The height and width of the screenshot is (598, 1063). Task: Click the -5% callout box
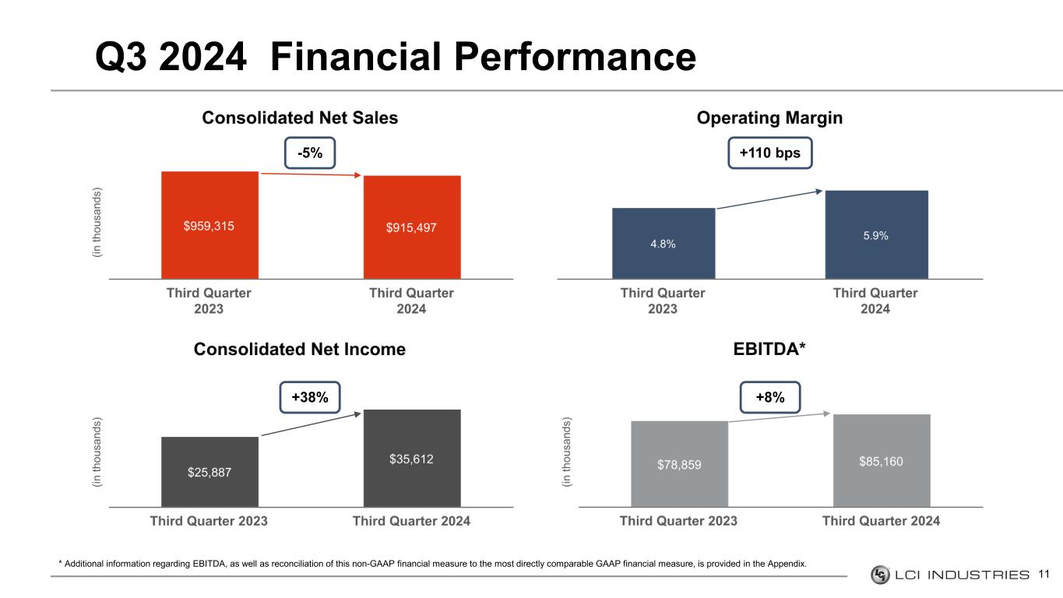(x=310, y=153)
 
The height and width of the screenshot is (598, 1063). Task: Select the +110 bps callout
(x=770, y=153)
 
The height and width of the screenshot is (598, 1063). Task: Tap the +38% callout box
(x=310, y=397)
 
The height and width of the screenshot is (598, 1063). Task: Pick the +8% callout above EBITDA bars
(x=770, y=397)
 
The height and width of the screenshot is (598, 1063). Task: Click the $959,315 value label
(x=209, y=226)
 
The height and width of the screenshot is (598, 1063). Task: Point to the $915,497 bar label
(x=411, y=227)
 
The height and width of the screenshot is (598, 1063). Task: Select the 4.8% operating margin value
(x=663, y=244)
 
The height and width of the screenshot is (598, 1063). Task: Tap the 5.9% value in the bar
(x=875, y=234)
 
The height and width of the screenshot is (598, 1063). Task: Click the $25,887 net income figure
(x=209, y=471)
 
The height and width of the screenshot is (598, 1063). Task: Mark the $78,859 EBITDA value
(x=678, y=464)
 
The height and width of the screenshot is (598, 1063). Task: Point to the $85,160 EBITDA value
(x=881, y=462)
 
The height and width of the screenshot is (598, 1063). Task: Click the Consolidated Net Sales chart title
(x=300, y=118)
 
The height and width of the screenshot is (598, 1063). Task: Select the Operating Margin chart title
(x=769, y=118)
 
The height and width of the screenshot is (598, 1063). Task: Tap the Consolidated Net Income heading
(x=300, y=350)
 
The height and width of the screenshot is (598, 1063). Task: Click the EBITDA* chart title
(x=769, y=350)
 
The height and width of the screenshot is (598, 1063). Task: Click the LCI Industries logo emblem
(x=880, y=575)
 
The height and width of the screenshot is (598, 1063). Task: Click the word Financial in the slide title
(x=371, y=57)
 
